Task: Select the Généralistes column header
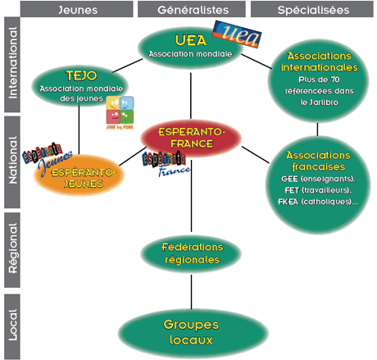[x=191, y=10]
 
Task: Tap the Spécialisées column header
[x=312, y=10]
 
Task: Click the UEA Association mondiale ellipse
[x=185, y=48]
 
